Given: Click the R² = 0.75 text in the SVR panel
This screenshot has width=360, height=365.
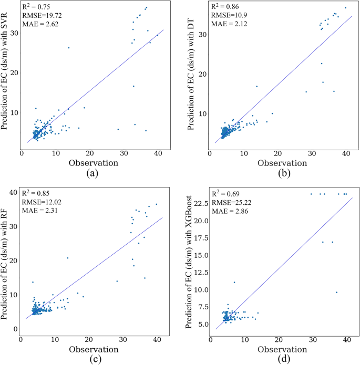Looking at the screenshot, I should [36, 7].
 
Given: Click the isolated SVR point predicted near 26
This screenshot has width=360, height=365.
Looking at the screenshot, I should [69, 48].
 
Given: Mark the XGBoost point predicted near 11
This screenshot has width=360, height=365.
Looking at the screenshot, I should [234, 282].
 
